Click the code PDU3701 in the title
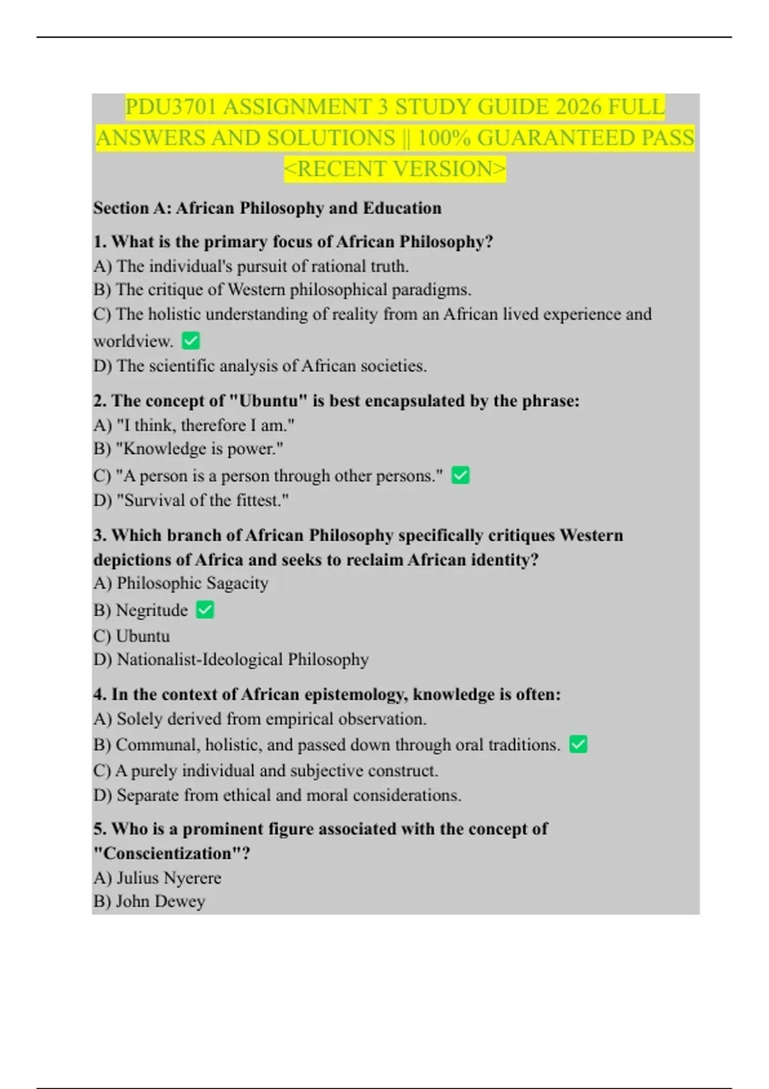pos(171,107)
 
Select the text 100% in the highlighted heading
pos(442,138)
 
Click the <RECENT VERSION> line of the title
pos(395,169)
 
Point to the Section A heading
pos(267,208)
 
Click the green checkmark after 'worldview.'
pos(191,341)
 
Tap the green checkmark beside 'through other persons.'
pos(461,475)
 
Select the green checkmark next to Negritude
pos(205,610)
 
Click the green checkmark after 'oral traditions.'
pos(578,744)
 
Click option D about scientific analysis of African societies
pos(260,366)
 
